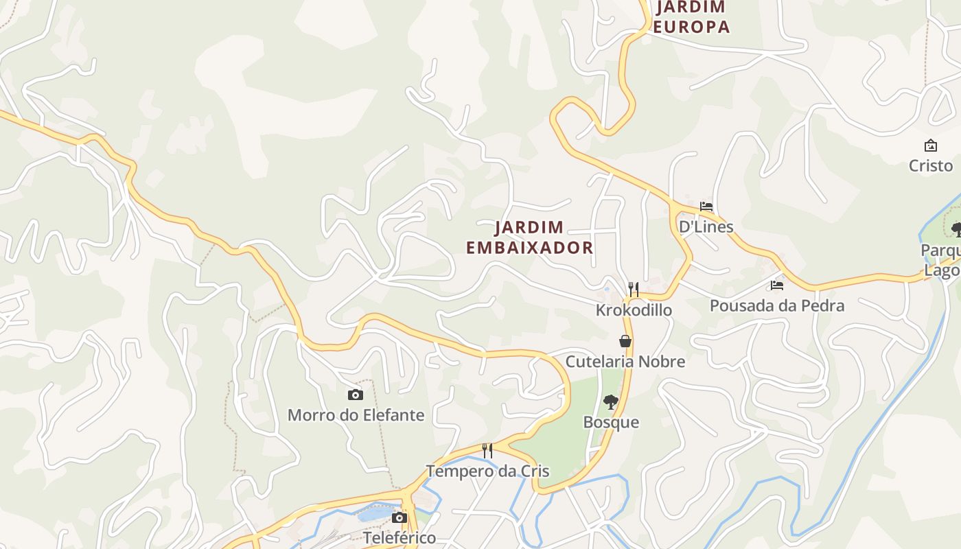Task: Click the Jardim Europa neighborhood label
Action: pyautogui.click(x=691, y=17)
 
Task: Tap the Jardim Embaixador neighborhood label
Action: pyautogui.click(x=529, y=237)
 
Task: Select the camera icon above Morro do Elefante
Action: pyautogui.click(x=355, y=395)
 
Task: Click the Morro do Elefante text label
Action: pyautogui.click(x=356, y=415)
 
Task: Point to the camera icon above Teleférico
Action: pyautogui.click(x=400, y=517)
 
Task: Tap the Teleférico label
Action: pyautogui.click(x=400, y=537)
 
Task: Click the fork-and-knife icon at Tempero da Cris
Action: pyautogui.click(x=487, y=451)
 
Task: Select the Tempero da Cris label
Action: pyautogui.click(x=487, y=471)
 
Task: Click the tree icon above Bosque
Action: pyautogui.click(x=610, y=402)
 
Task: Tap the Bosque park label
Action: pyautogui.click(x=611, y=422)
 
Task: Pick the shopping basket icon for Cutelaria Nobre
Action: pyautogui.click(x=625, y=341)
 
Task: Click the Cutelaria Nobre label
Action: pyautogui.click(x=625, y=361)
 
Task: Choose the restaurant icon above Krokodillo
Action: pyautogui.click(x=634, y=290)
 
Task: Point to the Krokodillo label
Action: pyautogui.click(x=634, y=310)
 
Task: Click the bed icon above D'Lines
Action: pyautogui.click(x=706, y=207)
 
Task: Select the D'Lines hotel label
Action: pyautogui.click(x=706, y=226)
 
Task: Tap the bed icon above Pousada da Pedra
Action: pyautogui.click(x=777, y=285)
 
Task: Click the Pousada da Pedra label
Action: pyautogui.click(x=777, y=305)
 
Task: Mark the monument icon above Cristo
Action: pyautogui.click(x=931, y=145)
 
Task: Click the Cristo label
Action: pyautogui.click(x=931, y=165)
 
